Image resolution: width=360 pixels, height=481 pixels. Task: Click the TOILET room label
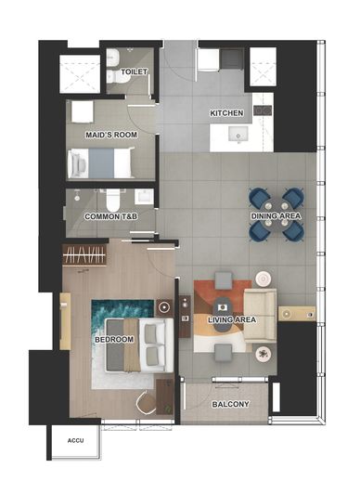click(134, 71)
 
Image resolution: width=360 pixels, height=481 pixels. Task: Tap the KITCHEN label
click(226, 113)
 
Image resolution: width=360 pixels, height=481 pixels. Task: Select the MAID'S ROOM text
click(111, 135)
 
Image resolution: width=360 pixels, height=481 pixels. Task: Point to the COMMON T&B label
click(111, 216)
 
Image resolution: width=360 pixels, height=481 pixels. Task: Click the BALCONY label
click(230, 404)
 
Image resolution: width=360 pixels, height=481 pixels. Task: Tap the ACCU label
click(76, 440)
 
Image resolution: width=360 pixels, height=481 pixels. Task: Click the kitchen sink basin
click(238, 136)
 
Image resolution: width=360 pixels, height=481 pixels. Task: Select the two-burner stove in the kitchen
click(263, 110)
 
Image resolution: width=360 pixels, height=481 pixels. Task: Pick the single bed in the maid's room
click(101, 162)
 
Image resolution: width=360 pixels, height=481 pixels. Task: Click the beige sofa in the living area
click(260, 316)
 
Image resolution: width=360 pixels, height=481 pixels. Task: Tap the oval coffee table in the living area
click(223, 315)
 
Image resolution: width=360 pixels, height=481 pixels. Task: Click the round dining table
click(276, 214)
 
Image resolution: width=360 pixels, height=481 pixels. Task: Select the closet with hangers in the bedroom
click(84, 254)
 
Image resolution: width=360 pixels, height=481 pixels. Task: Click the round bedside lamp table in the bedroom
click(164, 307)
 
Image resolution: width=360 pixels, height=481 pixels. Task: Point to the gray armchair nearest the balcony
click(224, 353)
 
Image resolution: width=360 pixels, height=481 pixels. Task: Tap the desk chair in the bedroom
click(147, 402)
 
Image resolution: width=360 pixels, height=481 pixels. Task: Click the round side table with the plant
click(264, 354)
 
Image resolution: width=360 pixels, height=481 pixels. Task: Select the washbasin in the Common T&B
click(144, 196)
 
